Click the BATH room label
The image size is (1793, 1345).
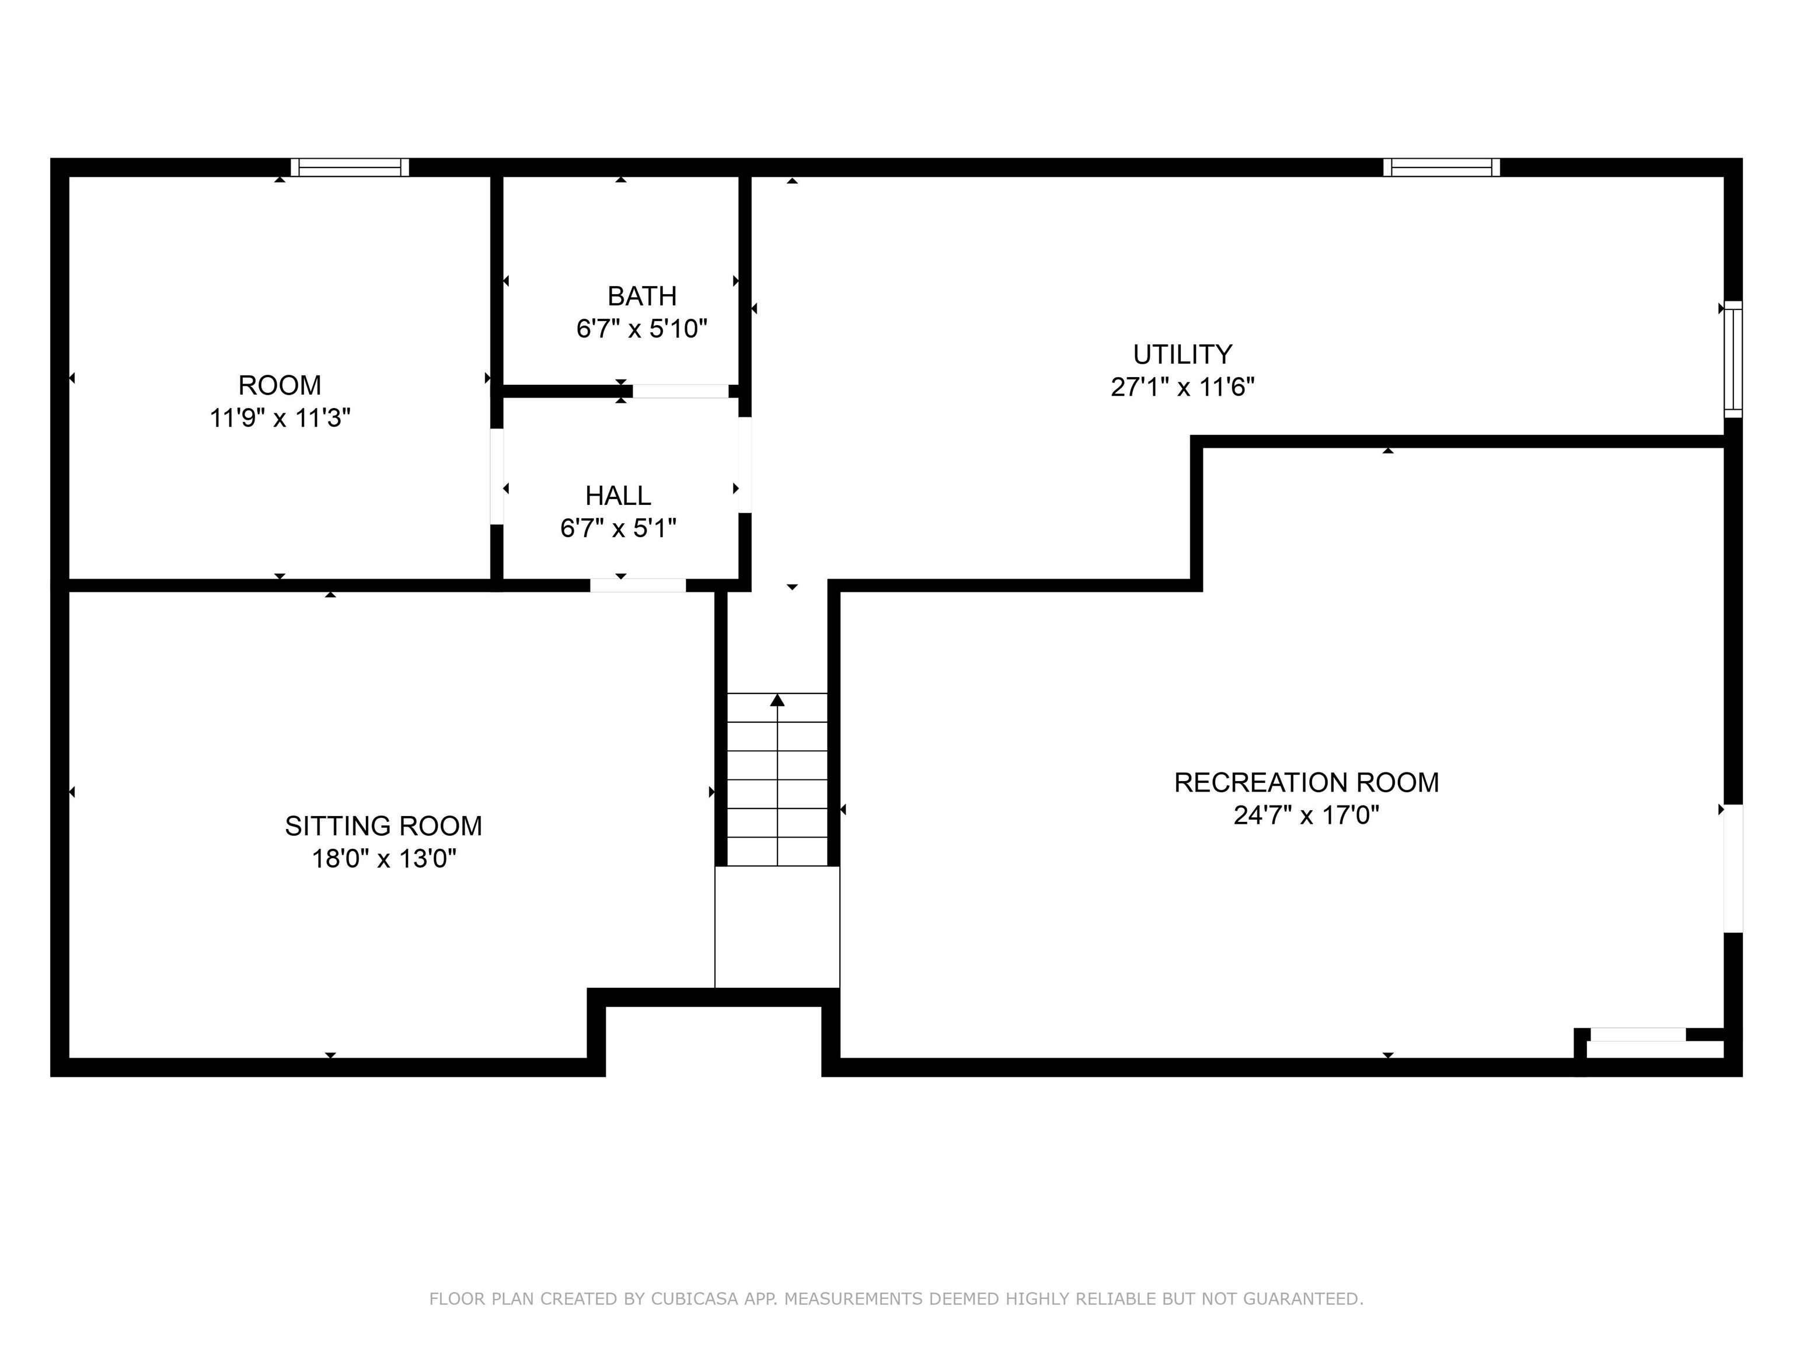point(641,296)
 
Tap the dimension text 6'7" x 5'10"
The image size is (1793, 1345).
point(641,329)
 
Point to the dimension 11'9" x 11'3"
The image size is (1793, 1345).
point(280,419)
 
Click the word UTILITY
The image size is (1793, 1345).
point(1182,354)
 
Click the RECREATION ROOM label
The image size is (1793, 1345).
point(1306,782)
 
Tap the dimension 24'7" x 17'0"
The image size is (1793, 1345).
point(1306,815)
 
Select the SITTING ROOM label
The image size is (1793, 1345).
point(383,826)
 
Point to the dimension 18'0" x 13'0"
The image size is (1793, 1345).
point(383,859)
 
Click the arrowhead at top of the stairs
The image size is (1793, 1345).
point(777,700)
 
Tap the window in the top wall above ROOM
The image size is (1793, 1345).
point(350,167)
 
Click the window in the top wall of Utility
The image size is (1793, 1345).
point(1441,167)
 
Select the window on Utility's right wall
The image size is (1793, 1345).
point(1732,358)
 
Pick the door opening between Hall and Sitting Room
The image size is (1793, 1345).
point(637,586)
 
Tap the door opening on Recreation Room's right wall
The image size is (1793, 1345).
point(1733,868)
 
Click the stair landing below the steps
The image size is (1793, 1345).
point(776,926)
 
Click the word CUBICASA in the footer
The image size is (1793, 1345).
point(694,1299)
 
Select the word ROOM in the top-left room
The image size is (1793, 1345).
point(280,385)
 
